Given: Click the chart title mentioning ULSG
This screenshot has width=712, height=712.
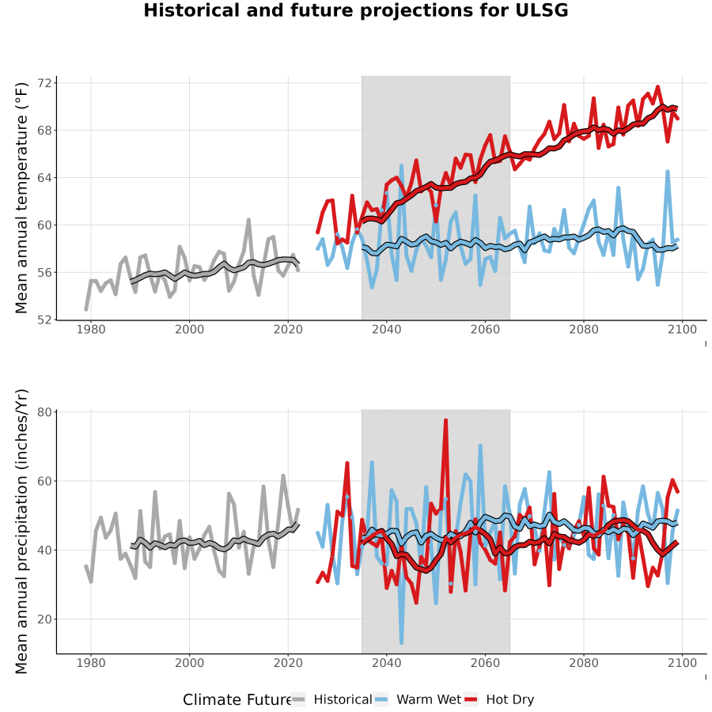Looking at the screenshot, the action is (355, 10).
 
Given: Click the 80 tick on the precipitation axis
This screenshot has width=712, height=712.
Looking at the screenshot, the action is (45, 412).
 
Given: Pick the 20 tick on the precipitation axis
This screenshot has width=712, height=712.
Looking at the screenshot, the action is (45, 619).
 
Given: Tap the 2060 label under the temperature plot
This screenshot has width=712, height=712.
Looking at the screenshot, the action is (485, 330).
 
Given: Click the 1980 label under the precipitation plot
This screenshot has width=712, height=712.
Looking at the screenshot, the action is (91, 663).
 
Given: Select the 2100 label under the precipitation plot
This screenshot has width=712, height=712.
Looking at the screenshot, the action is (682, 663).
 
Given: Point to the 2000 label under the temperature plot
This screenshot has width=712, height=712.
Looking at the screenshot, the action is (189, 330).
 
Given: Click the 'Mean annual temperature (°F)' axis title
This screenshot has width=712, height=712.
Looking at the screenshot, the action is (21, 198).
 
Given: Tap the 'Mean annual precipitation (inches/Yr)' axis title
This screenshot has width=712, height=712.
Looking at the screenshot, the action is (21, 532).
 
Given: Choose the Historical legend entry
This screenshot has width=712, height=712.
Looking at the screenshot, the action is (331, 700).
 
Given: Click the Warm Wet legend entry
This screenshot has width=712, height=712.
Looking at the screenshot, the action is (418, 700).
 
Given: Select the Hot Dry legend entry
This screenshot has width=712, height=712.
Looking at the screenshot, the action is (499, 700).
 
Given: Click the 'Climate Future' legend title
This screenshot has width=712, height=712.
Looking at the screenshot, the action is (237, 700).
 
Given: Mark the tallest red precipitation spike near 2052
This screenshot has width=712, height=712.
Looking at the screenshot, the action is (446, 421).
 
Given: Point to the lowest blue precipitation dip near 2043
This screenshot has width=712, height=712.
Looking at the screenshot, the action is (401, 642).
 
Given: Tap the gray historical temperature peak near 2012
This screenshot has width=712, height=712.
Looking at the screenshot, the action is (249, 220).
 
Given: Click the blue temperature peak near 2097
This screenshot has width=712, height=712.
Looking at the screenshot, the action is (668, 172).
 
